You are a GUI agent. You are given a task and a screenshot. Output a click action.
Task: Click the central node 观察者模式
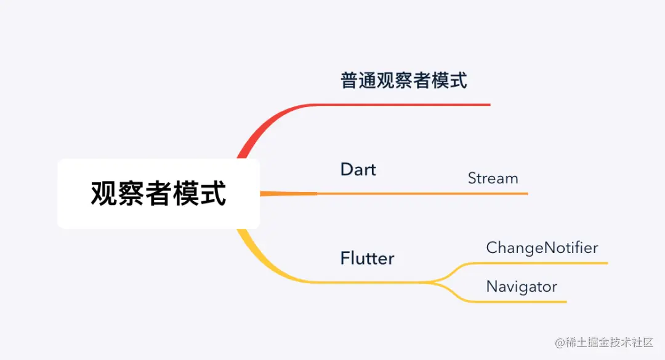tap(158, 193)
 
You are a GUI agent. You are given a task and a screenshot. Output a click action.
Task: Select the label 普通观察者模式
tap(403, 80)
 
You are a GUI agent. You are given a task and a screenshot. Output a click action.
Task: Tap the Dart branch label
tap(358, 169)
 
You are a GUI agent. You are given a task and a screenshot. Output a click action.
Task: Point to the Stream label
tap(493, 178)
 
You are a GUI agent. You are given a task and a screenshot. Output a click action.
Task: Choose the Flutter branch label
tap(367, 258)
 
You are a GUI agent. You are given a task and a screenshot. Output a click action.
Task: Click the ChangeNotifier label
tap(542, 247)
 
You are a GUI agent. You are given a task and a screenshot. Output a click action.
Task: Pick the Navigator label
tap(522, 286)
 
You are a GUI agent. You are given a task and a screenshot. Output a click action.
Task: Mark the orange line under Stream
tap(493, 194)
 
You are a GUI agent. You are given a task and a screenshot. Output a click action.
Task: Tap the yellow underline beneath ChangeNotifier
tap(542, 263)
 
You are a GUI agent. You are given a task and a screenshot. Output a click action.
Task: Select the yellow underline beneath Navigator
tap(523, 302)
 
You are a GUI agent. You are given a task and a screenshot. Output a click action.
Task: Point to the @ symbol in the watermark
tap(560, 343)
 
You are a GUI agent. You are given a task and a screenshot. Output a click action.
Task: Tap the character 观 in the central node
tap(103, 193)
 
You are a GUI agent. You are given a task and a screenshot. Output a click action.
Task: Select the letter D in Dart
tap(346, 169)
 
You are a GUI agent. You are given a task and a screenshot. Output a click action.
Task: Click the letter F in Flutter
tap(345, 258)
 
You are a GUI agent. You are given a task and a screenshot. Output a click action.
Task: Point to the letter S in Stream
tap(472, 178)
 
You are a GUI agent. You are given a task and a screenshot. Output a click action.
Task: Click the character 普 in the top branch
tap(349, 80)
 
